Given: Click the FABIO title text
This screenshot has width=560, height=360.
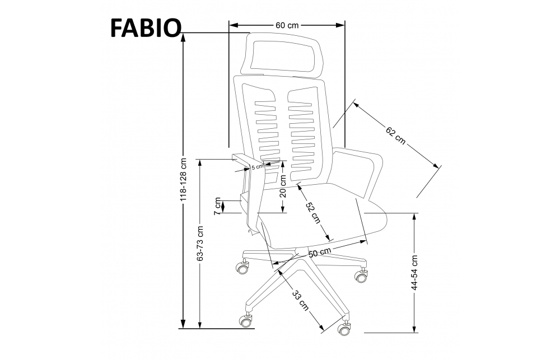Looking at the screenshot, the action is click(x=146, y=28).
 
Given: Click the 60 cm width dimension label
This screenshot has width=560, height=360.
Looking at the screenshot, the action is click(x=287, y=25).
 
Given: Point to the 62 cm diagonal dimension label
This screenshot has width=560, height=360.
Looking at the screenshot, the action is click(x=396, y=135).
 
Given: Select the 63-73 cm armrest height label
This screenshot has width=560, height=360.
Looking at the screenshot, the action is click(x=200, y=243).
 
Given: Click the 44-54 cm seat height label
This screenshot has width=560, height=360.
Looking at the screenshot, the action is click(x=414, y=272).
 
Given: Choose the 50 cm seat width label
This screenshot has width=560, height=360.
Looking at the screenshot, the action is click(x=320, y=252).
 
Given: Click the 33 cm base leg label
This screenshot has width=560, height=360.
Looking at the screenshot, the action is click(x=300, y=300).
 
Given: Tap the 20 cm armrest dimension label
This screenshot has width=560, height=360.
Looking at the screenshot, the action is click(x=283, y=186).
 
